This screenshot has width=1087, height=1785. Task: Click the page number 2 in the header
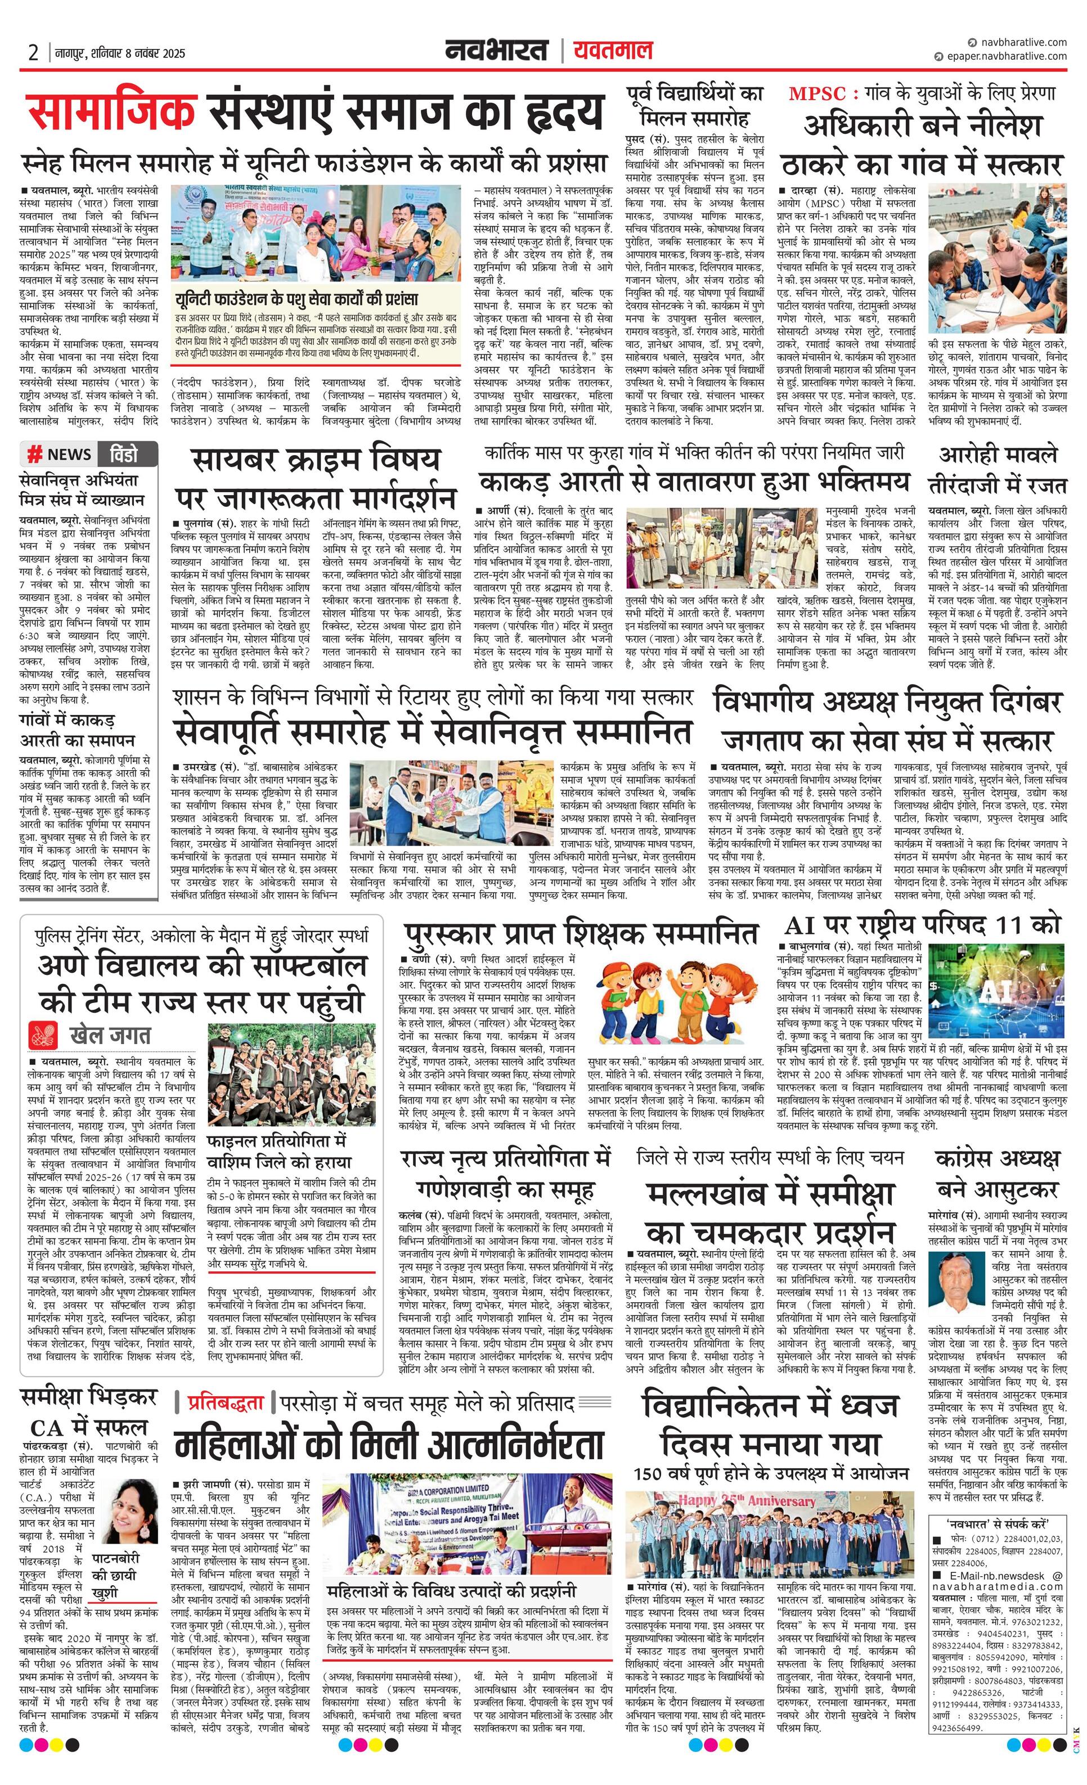(x=33, y=53)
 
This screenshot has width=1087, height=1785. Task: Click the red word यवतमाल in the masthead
(x=613, y=51)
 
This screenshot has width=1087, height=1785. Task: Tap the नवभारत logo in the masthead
(x=496, y=51)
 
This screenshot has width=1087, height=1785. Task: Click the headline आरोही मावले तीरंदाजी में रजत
(x=998, y=469)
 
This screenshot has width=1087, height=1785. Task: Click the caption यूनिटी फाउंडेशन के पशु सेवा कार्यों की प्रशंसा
(x=297, y=299)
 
